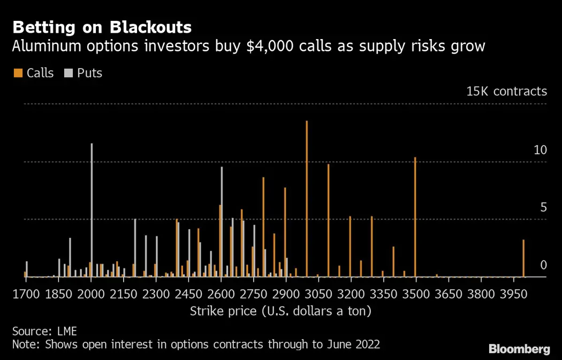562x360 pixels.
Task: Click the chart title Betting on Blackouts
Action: pyautogui.click(x=102, y=27)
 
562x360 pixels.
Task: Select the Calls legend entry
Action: pyautogui.click(x=34, y=73)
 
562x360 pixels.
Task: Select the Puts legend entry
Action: pyautogui.click(x=83, y=73)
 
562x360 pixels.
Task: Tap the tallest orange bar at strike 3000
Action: pyautogui.click(x=307, y=198)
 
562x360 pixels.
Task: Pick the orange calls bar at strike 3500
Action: pyautogui.click(x=415, y=217)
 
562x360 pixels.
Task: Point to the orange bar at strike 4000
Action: pyautogui.click(x=523, y=258)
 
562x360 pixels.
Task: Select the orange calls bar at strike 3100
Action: pyautogui.click(x=328, y=220)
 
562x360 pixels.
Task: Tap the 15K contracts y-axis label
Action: pyautogui.click(x=506, y=91)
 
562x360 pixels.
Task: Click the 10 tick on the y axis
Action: pyautogui.click(x=540, y=150)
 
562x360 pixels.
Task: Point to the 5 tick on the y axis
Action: pyautogui.click(x=543, y=207)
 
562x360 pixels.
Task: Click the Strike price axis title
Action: pyautogui.click(x=280, y=311)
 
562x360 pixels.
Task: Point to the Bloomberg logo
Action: pyautogui.click(x=519, y=349)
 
